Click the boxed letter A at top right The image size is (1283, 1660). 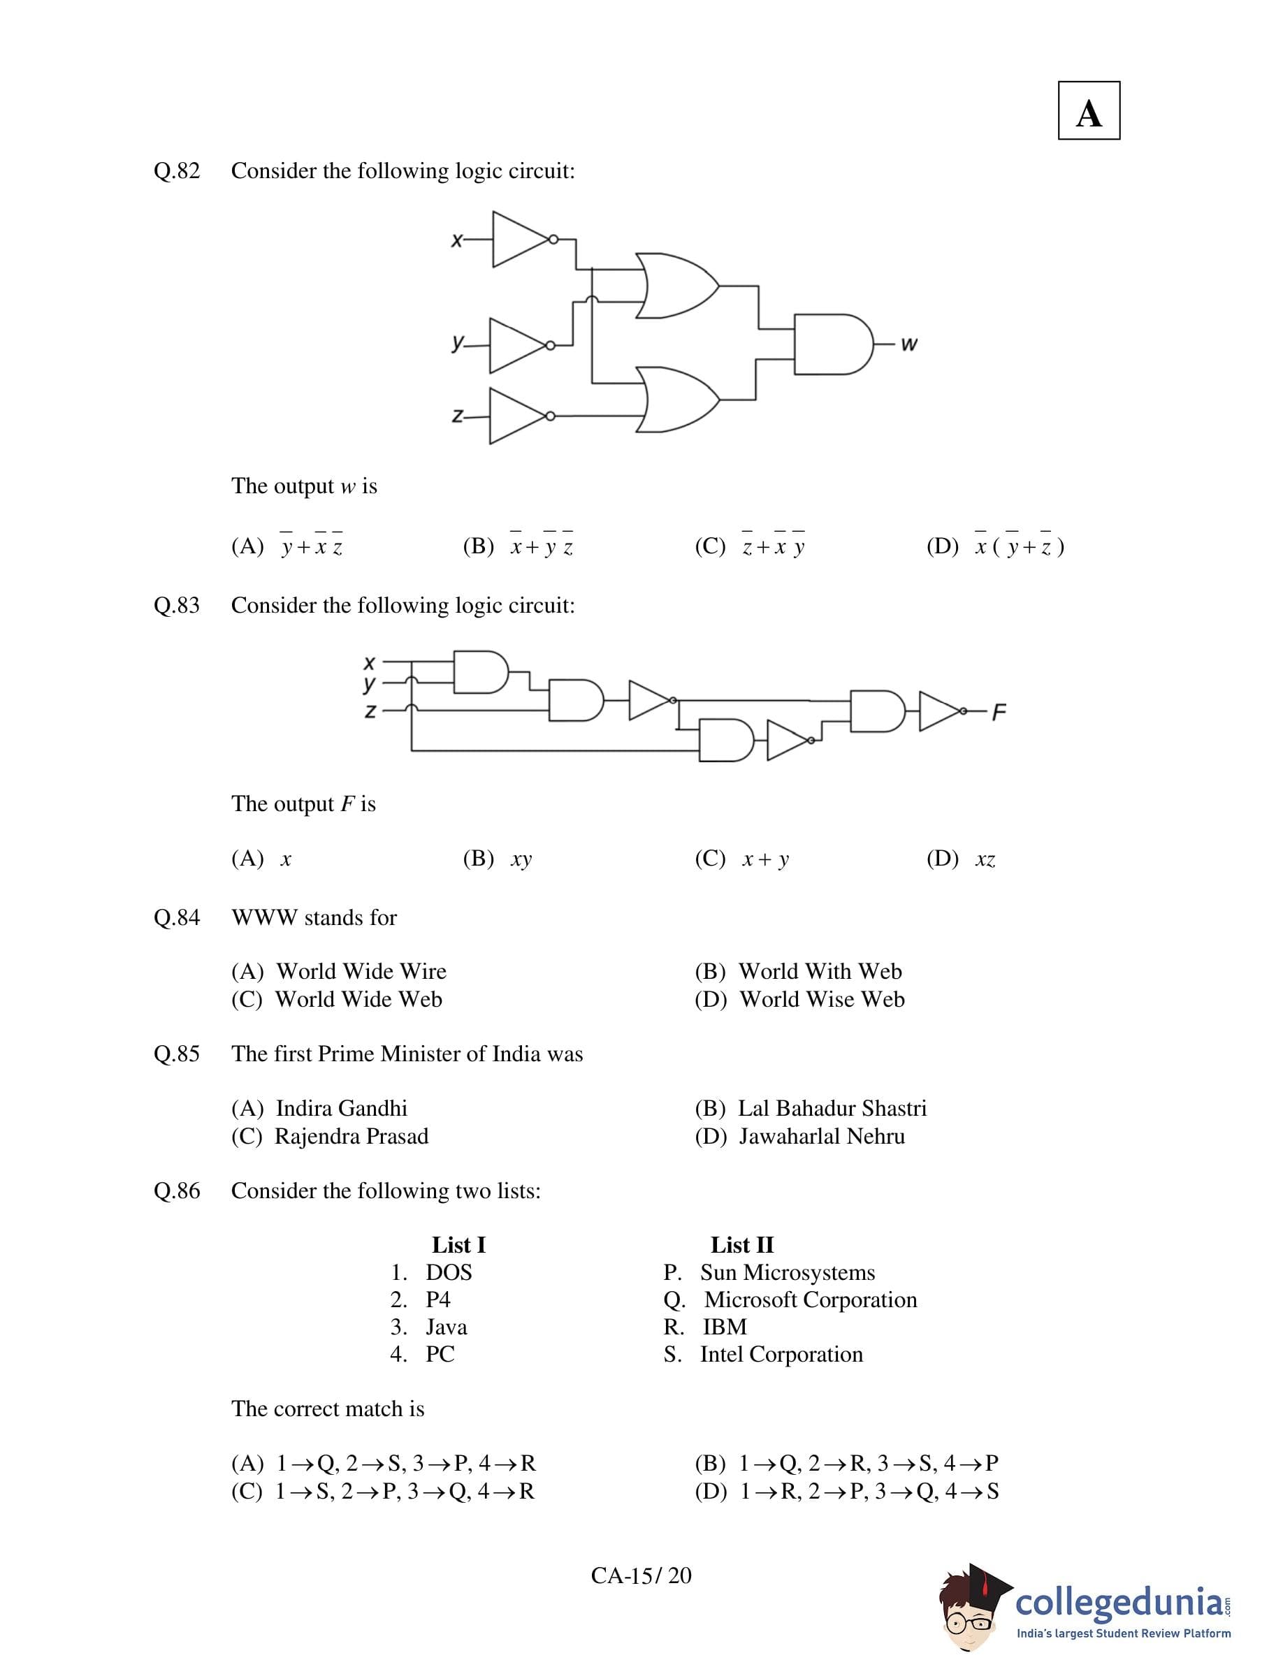(x=1089, y=111)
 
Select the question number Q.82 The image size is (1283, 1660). (x=176, y=171)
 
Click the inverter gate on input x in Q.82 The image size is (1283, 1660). (x=521, y=240)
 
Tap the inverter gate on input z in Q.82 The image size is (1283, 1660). (x=518, y=416)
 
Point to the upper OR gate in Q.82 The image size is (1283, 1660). (x=676, y=286)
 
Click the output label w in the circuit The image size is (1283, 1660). (x=909, y=344)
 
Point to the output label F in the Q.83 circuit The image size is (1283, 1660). (x=999, y=712)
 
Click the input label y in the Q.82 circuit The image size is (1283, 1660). (x=457, y=342)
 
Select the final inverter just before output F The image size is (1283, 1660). (x=938, y=711)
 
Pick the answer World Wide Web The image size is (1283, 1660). (x=358, y=1000)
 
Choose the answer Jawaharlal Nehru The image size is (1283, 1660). (x=822, y=1136)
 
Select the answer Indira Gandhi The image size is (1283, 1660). (x=341, y=1108)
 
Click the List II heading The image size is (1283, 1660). (x=742, y=1245)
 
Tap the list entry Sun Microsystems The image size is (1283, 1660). (x=787, y=1272)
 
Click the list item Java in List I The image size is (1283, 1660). (x=446, y=1327)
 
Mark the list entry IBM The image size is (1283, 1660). (x=725, y=1327)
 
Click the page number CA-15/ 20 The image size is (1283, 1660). (x=641, y=1575)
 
